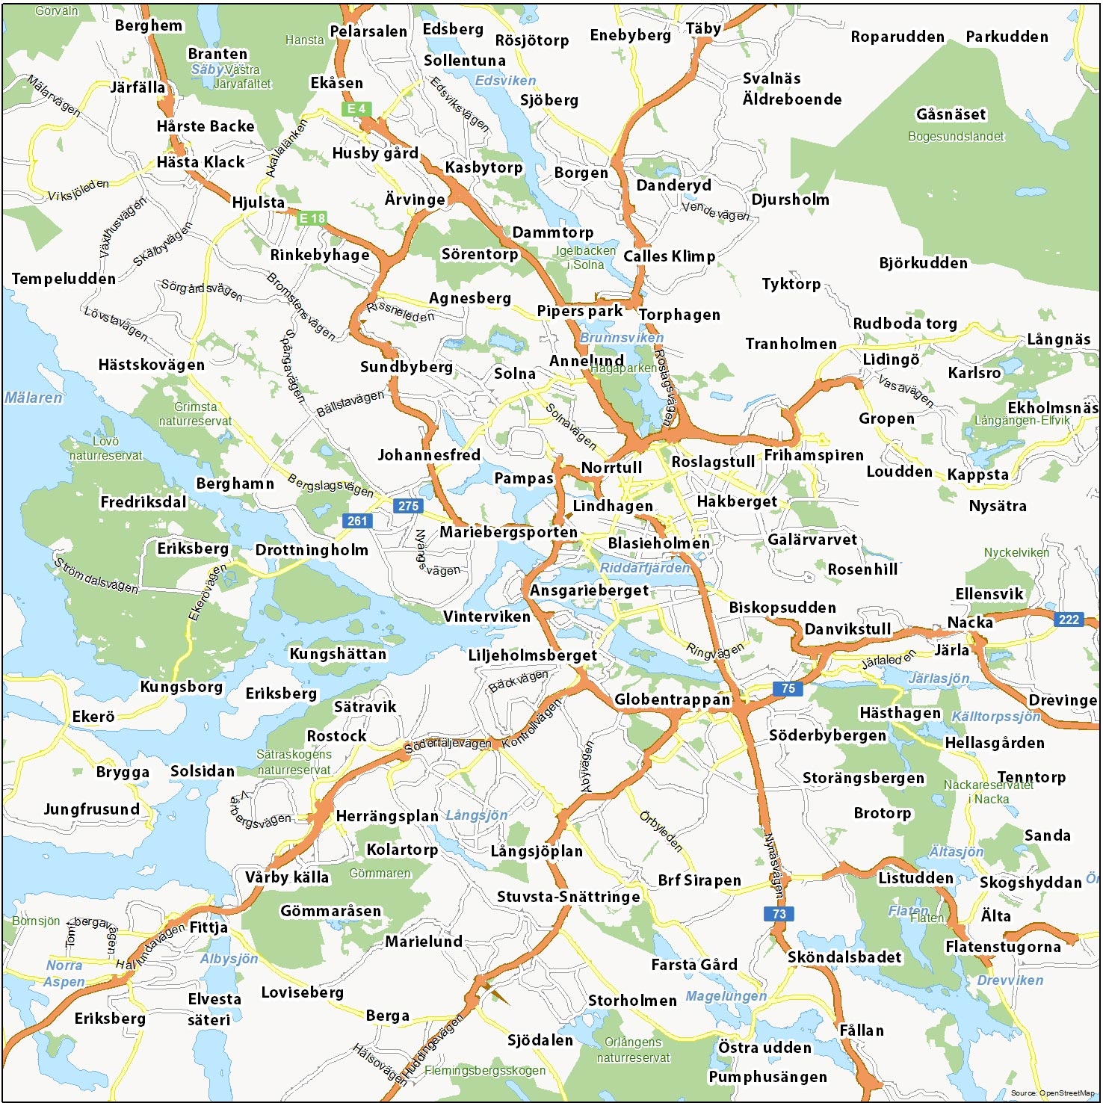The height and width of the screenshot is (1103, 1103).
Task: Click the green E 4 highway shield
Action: pos(356,108)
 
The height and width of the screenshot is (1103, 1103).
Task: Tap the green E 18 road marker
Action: pos(312,218)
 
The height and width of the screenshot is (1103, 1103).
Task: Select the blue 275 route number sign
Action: pos(408,506)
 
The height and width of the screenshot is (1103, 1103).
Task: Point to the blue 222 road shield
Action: pos(1069,619)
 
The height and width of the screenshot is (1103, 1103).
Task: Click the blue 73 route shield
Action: pos(779,913)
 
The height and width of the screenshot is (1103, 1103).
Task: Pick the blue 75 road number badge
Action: pos(788,688)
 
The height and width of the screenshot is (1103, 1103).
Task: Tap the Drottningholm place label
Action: pos(312,550)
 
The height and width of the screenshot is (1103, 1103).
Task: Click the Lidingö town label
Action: pos(891,359)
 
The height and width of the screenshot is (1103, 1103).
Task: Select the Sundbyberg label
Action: pos(406,367)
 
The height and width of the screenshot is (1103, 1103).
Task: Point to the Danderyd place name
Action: pos(673,185)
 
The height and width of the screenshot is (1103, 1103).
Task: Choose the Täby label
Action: pos(703,29)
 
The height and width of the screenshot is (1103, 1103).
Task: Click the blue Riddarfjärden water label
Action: pos(645,568)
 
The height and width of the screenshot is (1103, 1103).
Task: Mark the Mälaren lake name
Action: pos(34,398)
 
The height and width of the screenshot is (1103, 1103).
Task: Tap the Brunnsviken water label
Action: pos(621,338)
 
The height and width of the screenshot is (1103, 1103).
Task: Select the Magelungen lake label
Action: pos(726,996)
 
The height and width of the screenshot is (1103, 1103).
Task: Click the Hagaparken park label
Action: pos(624,368)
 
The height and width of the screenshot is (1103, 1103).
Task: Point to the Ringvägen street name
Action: pos(715,651)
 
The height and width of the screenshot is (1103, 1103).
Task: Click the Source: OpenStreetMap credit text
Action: pos(1052,1093)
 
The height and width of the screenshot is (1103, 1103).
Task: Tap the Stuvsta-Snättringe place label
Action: pos(568,897)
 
